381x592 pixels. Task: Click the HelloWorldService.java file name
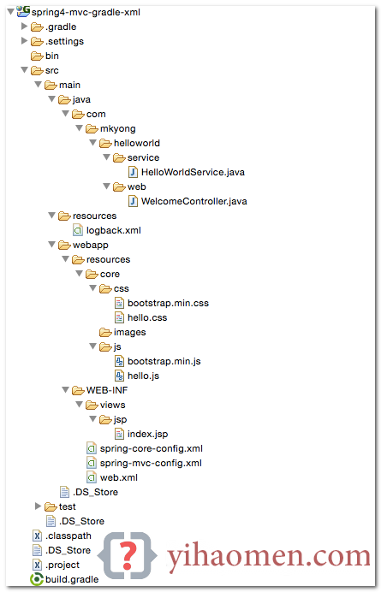click(x=193, y=173)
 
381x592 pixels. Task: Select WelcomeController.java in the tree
click(x=193, y=202)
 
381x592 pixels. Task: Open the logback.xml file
click(x=113, y=231)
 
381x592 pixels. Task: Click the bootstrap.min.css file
click(x=168, y=303)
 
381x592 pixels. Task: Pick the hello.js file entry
click(x=143, y=376)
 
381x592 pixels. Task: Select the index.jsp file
click(x=147, y=435)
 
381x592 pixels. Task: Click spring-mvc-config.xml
click(x=151, y=464)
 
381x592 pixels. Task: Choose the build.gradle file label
click(x=72, y=579)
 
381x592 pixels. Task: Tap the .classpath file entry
click(x=68, y=536)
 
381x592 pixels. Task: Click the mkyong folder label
click(x=117, y=129)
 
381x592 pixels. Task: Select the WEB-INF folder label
click(x=107, y=390)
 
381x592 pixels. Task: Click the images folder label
click(x=129, y=333)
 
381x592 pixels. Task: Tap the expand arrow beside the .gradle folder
click(x=24, y=27)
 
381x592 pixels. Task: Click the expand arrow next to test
click(x=38, y=506)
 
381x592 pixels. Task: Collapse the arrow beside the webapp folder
click(x=51, y=245)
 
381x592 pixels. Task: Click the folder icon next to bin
click(x=37, y=56)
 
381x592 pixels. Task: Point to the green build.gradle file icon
click(x=37, y=579)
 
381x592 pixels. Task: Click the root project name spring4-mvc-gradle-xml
click(x=86, y=13)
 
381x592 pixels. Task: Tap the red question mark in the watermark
click(x=128, y=555)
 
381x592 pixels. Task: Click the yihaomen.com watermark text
click(x=269, y=557)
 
